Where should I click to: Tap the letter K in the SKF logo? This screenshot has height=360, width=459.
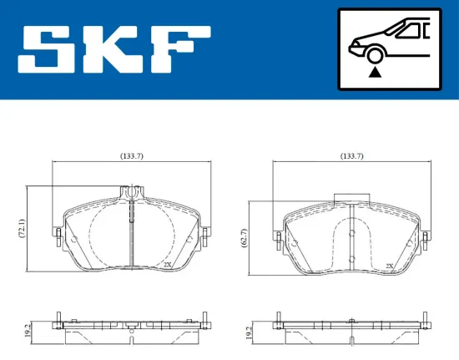pos(112,49)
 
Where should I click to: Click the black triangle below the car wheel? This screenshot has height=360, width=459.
pos(375,73)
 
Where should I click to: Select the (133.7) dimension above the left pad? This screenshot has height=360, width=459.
pos(131,155)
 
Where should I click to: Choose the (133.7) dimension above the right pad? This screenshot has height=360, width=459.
pos(351,155)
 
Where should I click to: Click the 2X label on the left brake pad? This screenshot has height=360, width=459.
pos(168,264)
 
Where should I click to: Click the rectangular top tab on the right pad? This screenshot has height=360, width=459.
pos(351,200)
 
